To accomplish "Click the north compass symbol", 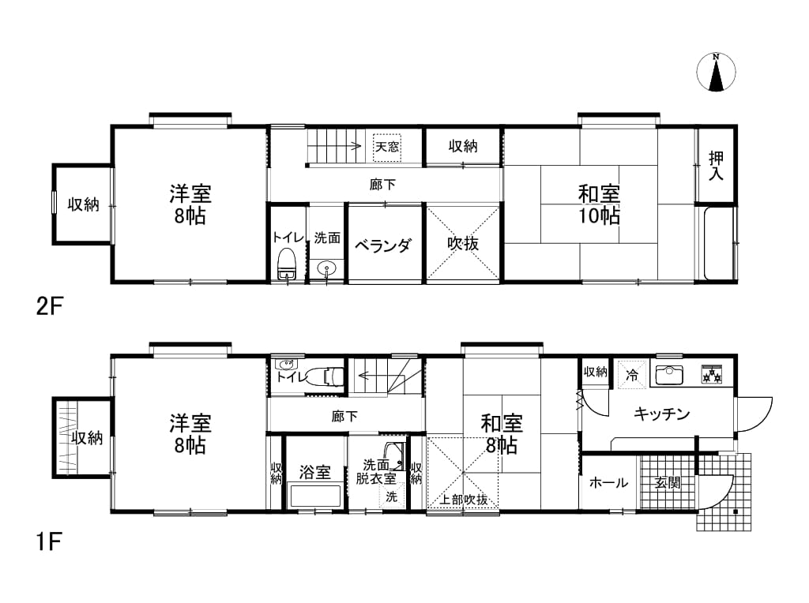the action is coord(716,72).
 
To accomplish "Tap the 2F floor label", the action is coord(49,307).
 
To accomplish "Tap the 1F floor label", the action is coord(49,542).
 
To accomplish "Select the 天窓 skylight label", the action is coord(387,147).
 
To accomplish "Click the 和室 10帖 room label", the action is coord(599,204).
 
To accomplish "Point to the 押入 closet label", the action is coord(716,166).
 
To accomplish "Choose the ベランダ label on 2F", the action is coord(383,245).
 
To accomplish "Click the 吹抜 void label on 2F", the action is coord(463,243).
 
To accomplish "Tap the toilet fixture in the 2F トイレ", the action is coord(286,264).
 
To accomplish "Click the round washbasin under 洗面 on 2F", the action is coord(326,268).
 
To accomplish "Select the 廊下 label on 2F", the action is coord(383,184).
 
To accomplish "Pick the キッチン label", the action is coord(661,414).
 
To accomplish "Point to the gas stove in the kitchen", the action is coord(712,374).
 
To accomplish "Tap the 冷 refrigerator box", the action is coord(631,375).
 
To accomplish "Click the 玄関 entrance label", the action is coord(668,483).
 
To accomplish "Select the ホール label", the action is coord(608,483).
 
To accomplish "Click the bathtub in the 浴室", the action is coord(315,496).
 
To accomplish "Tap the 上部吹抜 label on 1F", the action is coord(463,500).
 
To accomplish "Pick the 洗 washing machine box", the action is coord(392,496).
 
